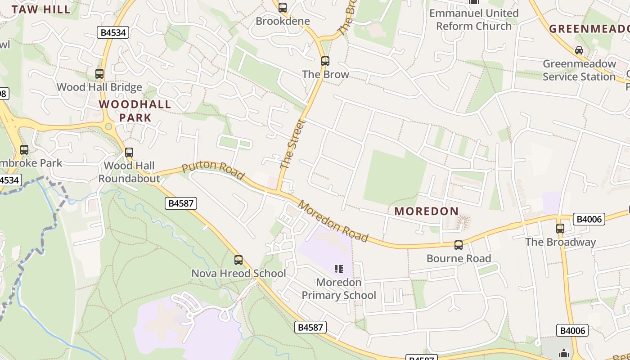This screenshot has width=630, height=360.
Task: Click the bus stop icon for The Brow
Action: point(325,61)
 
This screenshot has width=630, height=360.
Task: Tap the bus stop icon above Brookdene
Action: point(283,8)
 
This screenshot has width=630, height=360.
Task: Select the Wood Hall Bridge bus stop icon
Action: point(99,74)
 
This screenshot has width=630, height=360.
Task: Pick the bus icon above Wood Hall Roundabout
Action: point(129,153)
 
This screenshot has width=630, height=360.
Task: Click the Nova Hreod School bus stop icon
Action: point(238,260)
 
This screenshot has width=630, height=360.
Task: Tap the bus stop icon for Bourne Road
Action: point(459,245)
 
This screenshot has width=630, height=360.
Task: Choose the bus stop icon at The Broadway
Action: point(560,229)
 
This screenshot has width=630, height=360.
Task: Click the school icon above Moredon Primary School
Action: point(339,269)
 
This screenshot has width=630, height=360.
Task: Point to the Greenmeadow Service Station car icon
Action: point(579,50)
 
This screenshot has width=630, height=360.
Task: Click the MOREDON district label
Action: point(427,211)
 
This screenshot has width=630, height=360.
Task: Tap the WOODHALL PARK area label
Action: point(135,111)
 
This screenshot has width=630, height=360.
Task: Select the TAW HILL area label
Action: point(41,9)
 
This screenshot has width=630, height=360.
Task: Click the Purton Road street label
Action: point(213,170)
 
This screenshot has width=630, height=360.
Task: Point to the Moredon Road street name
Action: point(333,221)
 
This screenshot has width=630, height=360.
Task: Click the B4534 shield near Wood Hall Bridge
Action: point(113,32)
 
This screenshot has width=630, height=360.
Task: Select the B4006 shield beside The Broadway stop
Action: point(589,219)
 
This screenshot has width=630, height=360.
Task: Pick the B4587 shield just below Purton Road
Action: point(181,203)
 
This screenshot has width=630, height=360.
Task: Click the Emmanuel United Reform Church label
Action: point(474,19)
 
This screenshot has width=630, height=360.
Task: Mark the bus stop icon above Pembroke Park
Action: point(24,150)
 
